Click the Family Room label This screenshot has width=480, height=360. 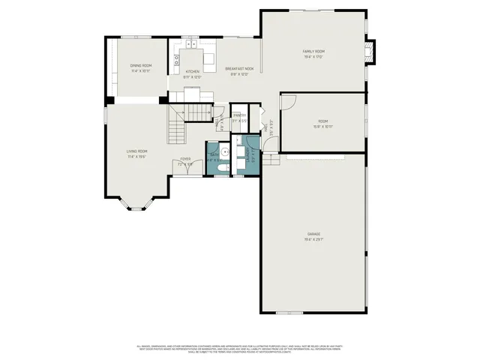313,52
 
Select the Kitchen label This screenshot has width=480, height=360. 193,71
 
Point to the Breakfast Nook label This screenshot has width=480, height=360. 241,69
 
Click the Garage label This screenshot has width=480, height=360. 313,234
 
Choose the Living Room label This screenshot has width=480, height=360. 136,151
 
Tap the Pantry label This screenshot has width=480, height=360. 239,115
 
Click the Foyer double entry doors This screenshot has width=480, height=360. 186,174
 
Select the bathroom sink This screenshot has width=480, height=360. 223,151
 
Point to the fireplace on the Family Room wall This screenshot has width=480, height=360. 367,52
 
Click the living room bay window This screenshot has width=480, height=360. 136,202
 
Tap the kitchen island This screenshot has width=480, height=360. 208,58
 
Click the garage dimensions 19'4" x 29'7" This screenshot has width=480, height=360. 313,239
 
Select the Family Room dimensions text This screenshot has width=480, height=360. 313,57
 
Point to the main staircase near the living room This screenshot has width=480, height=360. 178,124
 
